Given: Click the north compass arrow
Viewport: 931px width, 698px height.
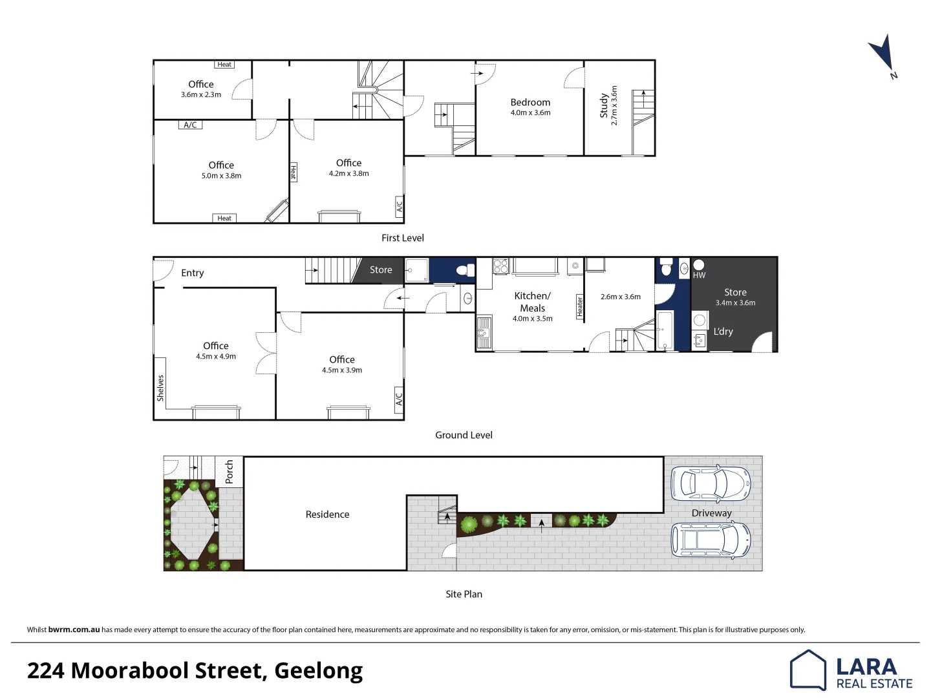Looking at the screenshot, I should [x=882, y=54].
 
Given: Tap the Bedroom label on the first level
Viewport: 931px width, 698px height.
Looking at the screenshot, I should [x=530, y=102].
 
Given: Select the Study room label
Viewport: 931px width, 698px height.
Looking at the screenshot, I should [x=604, y=105].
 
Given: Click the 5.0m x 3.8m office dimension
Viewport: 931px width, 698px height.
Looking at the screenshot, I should [x=221, y=176].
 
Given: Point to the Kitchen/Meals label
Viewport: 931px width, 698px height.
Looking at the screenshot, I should [x=532, y=302].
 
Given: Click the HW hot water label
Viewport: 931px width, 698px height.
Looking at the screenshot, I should [x=699, y=275].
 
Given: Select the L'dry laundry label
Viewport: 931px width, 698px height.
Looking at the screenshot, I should [x=723, y=332].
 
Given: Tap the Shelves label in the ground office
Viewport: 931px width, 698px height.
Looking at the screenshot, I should [x=160, y=388].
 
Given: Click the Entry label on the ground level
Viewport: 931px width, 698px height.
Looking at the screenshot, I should [x=192, y=273].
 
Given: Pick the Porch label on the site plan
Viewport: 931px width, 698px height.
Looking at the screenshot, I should [x=229, y=472].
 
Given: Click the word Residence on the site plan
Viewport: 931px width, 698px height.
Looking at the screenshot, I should [x=327, y=514].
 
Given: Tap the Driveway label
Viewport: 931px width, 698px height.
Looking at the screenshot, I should [x=711, y=513].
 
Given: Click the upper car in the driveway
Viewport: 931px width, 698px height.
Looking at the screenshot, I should [x=711, y=483].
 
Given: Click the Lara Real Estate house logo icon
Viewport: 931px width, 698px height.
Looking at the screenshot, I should [x=808, y=670].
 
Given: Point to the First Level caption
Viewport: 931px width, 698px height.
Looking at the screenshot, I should [x=402, y=238].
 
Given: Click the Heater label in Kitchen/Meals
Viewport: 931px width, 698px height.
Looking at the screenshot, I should [x=579, y=306].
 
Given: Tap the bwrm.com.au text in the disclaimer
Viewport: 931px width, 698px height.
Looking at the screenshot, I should [x=74, y=629].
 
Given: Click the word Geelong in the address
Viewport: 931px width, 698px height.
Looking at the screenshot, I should [x=318, y=671].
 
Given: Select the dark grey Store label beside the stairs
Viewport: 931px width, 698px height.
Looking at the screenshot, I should [x=381, y=270].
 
